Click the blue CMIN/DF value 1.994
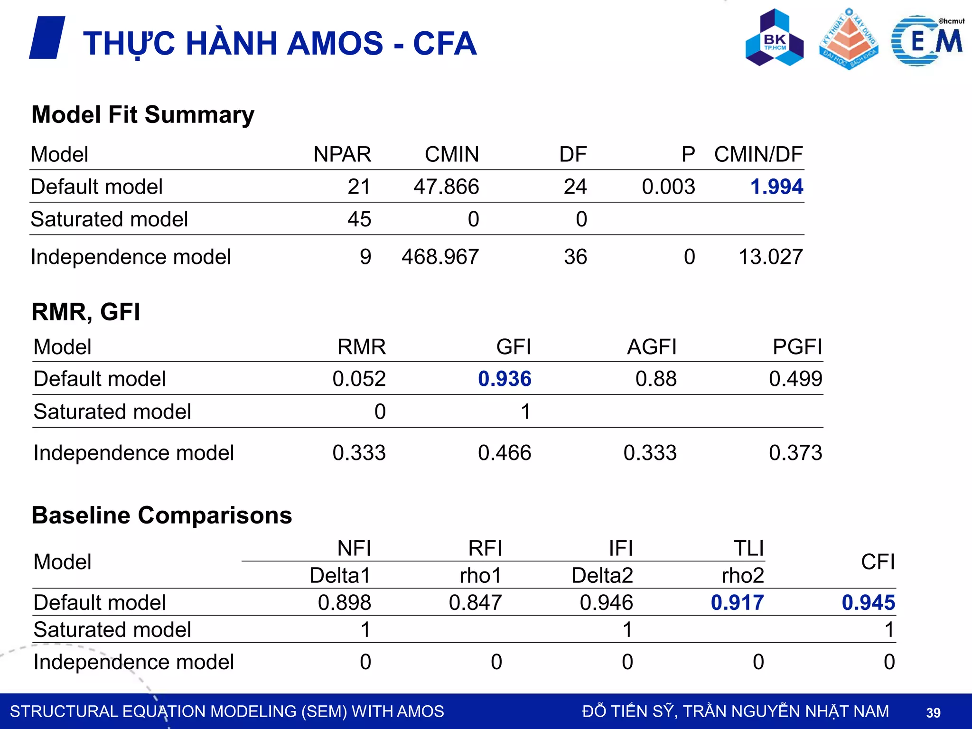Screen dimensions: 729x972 point(776,187)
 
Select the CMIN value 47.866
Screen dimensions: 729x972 point(446,187)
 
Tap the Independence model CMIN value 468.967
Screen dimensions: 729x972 point(440,257)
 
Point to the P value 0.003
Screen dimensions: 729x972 point(668,187)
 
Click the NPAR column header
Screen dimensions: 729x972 point(342,154)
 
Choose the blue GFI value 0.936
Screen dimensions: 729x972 point(505,379)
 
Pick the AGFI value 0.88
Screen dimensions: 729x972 point(656,379)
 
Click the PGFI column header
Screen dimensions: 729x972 point(797,347)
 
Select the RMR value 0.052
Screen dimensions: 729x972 point(359,379)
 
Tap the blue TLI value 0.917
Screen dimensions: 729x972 point(737,602)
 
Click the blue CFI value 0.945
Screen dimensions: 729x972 point(868,602)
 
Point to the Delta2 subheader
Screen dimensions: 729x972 point(602,575)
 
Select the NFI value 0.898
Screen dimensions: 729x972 point(344,602)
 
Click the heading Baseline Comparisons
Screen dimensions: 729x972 point(162,515)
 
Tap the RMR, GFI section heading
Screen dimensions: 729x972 point(86,312)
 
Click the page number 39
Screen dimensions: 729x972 point(933,712)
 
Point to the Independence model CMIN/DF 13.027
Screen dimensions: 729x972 point(771,257)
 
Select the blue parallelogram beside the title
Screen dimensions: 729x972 point(47,38)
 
